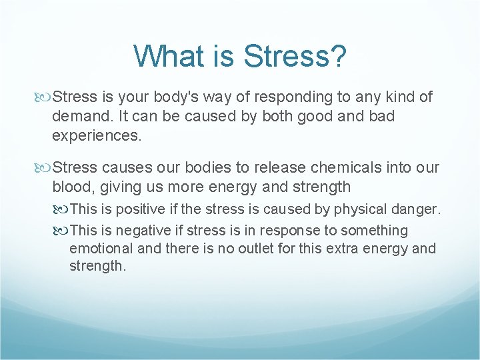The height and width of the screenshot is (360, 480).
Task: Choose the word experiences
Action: point(97,136)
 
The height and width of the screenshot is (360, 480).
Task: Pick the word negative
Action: point(141,231)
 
